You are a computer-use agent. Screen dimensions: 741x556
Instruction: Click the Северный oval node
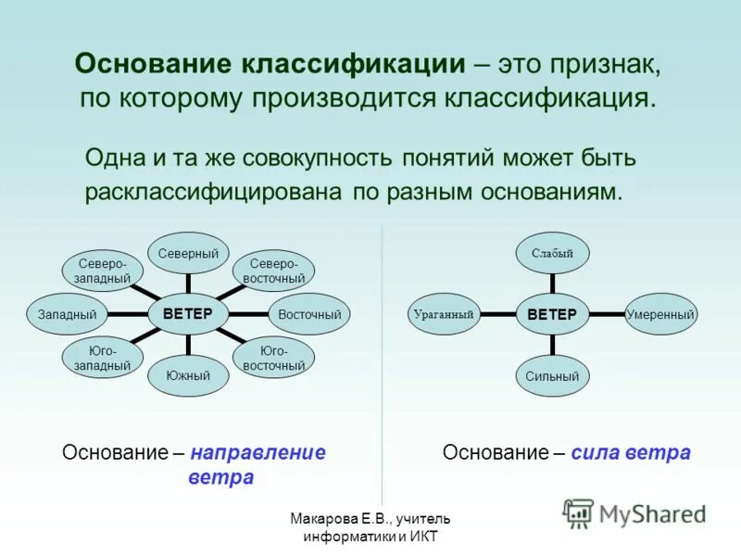point(188,253)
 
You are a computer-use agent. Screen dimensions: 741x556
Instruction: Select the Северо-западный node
point(102,270)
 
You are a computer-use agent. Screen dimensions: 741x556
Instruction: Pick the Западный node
point(68,314)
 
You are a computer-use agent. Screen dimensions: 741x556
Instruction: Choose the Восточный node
point(309,314)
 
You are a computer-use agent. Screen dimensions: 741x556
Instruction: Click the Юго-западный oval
point(102,359)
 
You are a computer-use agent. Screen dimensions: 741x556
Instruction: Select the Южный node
point(188,375)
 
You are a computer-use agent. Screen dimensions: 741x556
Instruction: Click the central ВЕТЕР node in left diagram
point(188,313)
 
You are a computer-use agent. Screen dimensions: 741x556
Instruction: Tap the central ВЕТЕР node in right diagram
point(552,314)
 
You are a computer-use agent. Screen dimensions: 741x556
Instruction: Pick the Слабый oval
point(552,253)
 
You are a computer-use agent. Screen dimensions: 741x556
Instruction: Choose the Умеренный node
point(660,314)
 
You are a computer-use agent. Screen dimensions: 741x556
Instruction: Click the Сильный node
point(552,375)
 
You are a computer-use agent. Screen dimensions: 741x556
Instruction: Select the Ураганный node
point(445,314)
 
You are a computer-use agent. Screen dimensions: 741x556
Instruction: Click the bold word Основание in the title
point(155,65)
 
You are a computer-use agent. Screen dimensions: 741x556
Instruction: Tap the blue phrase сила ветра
point(631,453)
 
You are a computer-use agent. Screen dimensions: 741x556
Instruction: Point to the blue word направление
point(258,453)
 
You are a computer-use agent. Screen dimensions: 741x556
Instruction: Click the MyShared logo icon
point(579,512)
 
